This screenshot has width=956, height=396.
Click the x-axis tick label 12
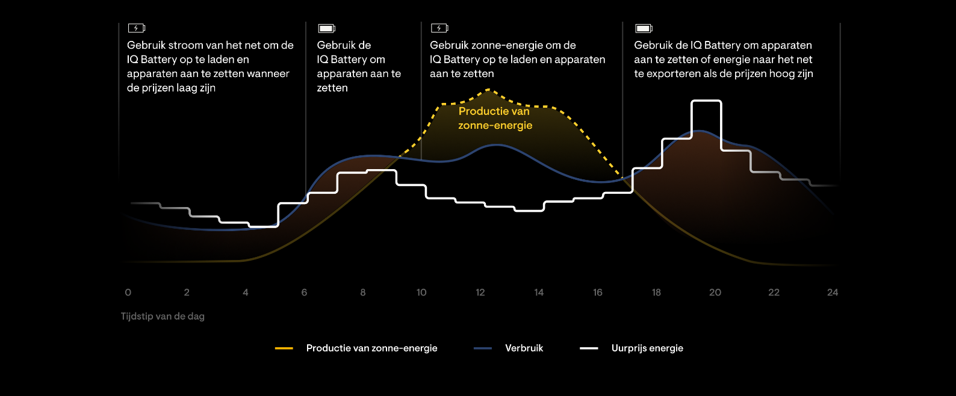(480, 292)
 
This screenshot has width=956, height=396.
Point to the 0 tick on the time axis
(128, 292)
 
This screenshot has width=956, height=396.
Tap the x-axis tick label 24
(833, 292)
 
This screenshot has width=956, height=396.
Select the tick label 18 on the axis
(656, 292)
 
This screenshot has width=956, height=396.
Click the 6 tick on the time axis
(304, 292)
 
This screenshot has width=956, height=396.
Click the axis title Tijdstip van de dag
(163, 316)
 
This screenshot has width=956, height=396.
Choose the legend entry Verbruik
(524, 348)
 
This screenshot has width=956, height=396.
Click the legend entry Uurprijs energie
(647, 348)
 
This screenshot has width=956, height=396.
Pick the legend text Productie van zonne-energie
(371, 348)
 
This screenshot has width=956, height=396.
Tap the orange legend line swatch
(284, 348)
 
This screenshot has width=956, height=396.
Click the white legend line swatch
(589, 348)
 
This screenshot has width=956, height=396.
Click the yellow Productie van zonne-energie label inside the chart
(495, 118)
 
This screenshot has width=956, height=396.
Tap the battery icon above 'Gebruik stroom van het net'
(136, 28)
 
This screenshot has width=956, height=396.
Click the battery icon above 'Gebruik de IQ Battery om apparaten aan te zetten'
(326, 28)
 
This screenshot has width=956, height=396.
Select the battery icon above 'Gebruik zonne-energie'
(439, 28)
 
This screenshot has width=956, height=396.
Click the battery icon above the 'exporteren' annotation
(644, 28)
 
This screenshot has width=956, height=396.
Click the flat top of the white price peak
(706, 102)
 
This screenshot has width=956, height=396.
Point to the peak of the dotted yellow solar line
(488, 90)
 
